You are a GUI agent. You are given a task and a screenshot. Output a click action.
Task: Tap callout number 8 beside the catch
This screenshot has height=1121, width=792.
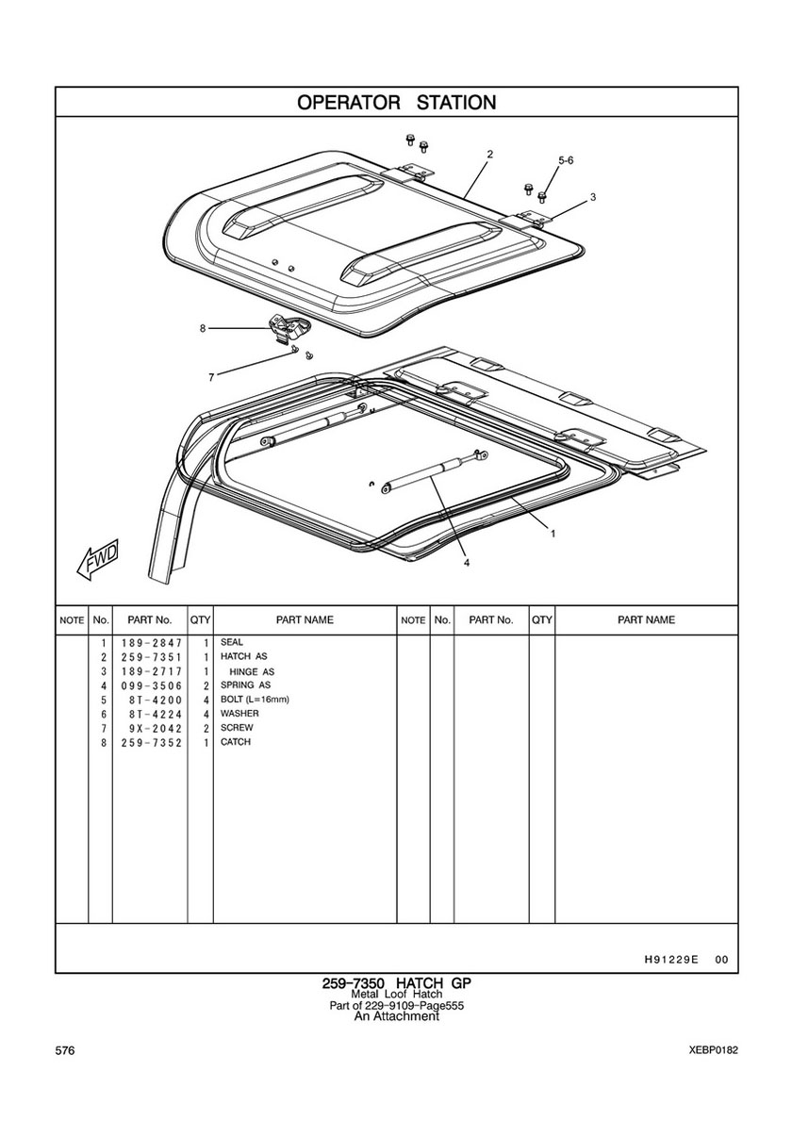[203, 328]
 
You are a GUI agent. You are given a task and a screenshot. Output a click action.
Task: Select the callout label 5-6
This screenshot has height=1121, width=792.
[566, 161]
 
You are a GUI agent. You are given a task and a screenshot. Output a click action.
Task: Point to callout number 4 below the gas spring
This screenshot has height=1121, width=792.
[467, 563]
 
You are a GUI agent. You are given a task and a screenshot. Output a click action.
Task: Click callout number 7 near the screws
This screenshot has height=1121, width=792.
[211, 378]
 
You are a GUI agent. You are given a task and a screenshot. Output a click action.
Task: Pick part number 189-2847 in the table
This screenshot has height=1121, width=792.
[152, 643]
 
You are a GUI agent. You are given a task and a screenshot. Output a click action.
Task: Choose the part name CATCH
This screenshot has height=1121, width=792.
[235, 742]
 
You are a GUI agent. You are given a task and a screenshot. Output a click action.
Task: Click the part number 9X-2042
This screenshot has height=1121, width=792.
[152, 728]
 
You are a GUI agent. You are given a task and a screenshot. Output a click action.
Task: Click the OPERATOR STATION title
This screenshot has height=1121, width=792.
[397, 102]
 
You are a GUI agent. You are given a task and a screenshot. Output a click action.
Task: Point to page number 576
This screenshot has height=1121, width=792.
[64, 1050]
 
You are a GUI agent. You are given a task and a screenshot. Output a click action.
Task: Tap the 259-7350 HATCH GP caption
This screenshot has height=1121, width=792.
[396, 983]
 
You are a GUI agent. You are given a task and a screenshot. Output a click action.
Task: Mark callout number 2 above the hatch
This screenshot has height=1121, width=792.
[489, 154]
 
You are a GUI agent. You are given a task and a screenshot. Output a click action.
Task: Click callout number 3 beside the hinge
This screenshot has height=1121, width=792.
[592, 197]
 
